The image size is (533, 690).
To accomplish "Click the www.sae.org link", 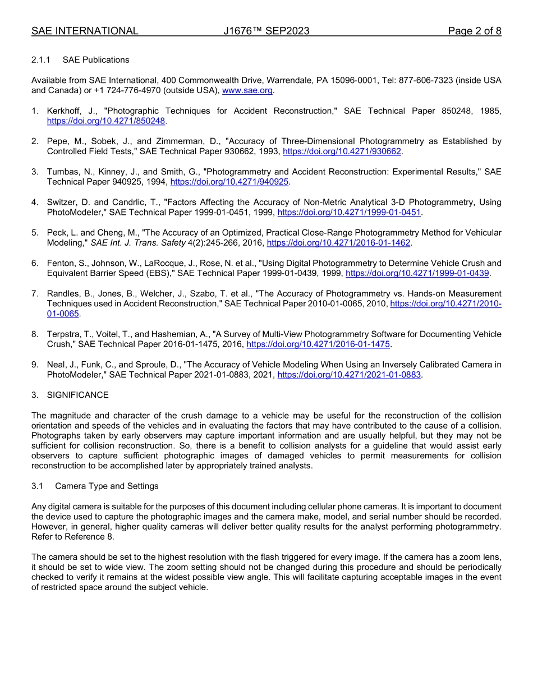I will (247, 90).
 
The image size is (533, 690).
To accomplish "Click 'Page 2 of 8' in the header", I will (474, 31).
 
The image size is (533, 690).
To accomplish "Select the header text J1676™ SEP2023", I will (266, 31).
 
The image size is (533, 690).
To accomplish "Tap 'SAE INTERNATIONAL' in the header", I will (85, 31).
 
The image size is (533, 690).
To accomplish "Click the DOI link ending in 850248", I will (106, 121).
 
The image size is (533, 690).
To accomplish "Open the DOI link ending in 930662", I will (342, 151).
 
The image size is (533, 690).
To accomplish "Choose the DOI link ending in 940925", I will (229, 182).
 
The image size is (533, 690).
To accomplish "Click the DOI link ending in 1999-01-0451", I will (349, 213).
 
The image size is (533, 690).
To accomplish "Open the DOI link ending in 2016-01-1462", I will (338, 243).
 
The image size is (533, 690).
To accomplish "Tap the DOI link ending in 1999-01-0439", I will (417, 273).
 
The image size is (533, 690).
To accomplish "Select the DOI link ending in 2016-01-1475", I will (318, 344).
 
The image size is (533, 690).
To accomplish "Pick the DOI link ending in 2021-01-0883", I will (349, 375).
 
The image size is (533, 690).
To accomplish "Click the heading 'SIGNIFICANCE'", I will (78, 395).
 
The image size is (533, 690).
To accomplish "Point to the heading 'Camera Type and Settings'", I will (107, 486).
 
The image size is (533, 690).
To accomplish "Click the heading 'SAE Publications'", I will (96, 60).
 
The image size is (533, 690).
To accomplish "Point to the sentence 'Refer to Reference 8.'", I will (72, 537).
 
